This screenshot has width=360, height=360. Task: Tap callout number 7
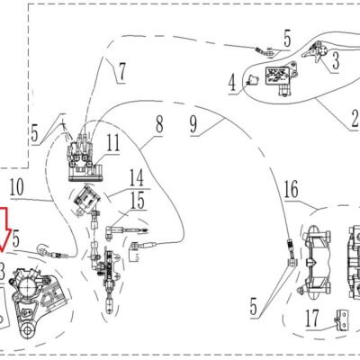pyautogui.click(x=121, y=72)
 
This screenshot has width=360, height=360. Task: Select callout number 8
pyautogui.click(x=159, y=125)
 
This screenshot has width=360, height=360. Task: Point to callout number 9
pyautogui.click(x=193, y=125)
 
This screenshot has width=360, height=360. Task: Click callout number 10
pyautogui.click(x=16, y=187)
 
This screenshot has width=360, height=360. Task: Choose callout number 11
pyautogui.click(x=113, y=143)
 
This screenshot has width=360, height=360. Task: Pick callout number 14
pyautogui.click(x=137, y=177)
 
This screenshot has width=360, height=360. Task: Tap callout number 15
pyautogui.click(x=138, y=200)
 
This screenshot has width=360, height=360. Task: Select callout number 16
pyautogui.click(x=291, y=189)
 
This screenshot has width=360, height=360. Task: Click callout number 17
pyautogui.click(x=313, y=319)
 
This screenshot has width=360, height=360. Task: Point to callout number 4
pyautogui.click(x=232, y=83)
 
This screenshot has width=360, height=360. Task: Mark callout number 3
pyautogui.click(x=336, y=61)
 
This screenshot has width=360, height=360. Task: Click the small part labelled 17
pyautogui.click(x=342, y=320)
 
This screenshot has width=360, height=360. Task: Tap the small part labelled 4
pyautogui.click(x=252, y=80)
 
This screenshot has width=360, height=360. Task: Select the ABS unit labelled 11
pyautogui.click(x=85, y=159)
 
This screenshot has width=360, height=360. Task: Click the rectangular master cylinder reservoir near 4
pyautogui.click(x=277, y=76)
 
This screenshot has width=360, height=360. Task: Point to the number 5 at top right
pyautogui.click(x=287, y=39)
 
